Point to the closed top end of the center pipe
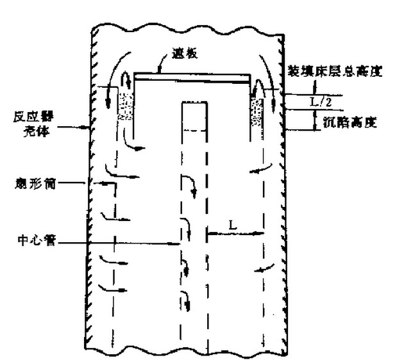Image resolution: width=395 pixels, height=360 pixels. coord(194,102)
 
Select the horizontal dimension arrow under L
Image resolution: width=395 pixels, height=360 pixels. coord(235,234)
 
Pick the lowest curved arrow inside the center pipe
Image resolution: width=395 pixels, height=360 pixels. coord(186,298)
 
